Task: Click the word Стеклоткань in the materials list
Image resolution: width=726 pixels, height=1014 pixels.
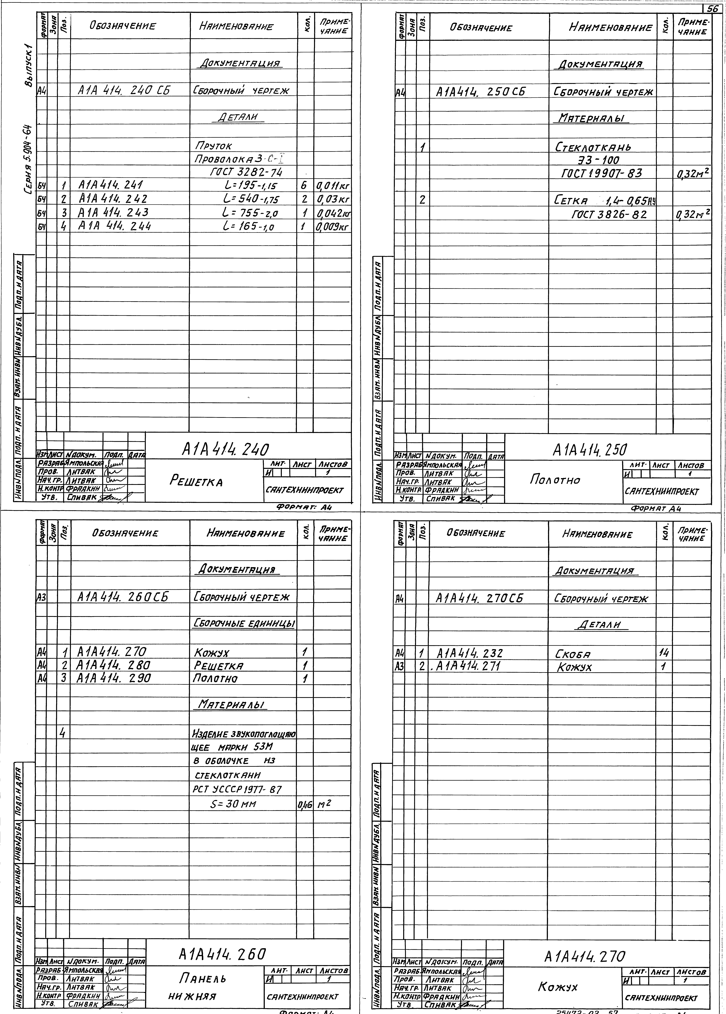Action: point(593,147)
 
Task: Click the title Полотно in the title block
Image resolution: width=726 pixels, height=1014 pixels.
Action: point(555,480)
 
